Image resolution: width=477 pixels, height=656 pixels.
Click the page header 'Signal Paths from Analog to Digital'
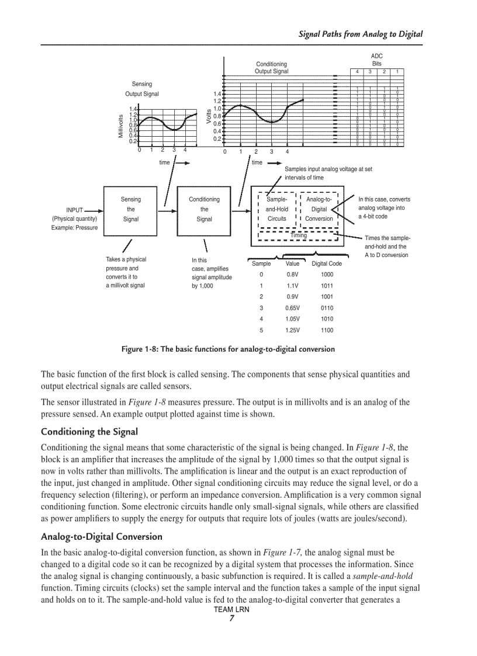[x=360, y=34]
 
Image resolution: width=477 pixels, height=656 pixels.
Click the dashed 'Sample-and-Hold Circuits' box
[x=276, y=209]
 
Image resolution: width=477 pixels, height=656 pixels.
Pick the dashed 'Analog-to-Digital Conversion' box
[x=319, y=209]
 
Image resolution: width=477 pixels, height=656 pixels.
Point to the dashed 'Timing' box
[x=298, y=235]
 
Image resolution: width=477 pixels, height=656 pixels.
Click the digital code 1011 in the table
[x=327, y=286]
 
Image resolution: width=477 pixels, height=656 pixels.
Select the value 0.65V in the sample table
[x=292, y=308]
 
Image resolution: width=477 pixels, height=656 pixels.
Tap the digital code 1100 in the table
[x=327, y=330]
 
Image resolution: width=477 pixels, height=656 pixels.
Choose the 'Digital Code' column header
[x=327, y=263]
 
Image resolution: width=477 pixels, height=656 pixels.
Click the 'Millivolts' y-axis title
[x=121, y=126]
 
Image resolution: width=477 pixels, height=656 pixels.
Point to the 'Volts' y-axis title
[x=209, y=116]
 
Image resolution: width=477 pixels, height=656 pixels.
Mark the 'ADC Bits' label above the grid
[x=376, y=60]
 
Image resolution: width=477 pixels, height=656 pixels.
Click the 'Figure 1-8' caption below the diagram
[x=228, y=349]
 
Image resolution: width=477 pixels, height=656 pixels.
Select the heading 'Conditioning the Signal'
[x=89, y=432]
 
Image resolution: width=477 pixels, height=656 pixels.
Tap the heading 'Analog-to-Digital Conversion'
[x=101, y=536]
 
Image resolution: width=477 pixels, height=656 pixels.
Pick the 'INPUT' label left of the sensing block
[x=75, y=209]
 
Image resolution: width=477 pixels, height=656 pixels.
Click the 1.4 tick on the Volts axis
[x=217, y=93]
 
